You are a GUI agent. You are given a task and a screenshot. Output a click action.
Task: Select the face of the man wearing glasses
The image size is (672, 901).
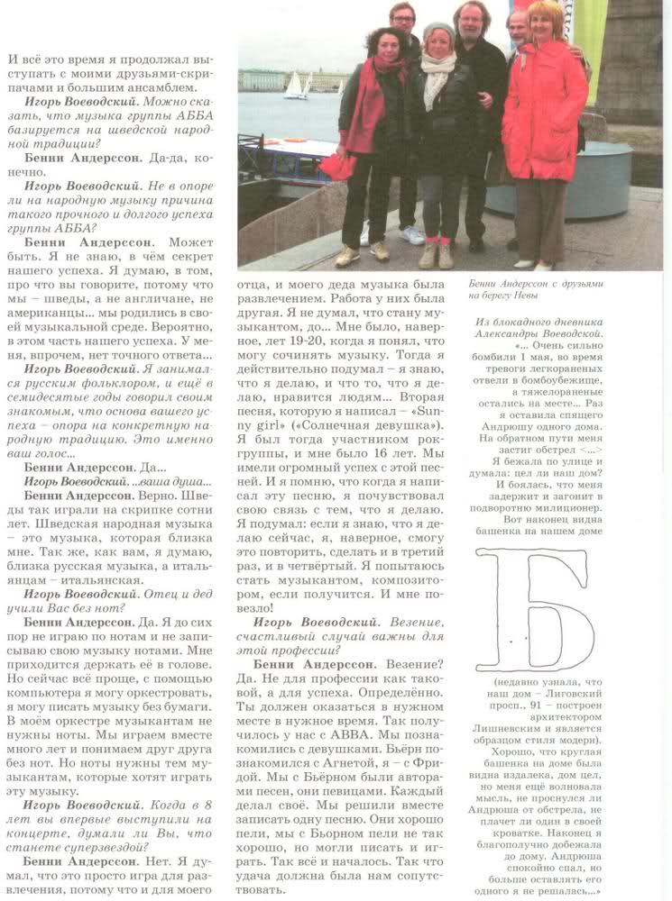402,18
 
